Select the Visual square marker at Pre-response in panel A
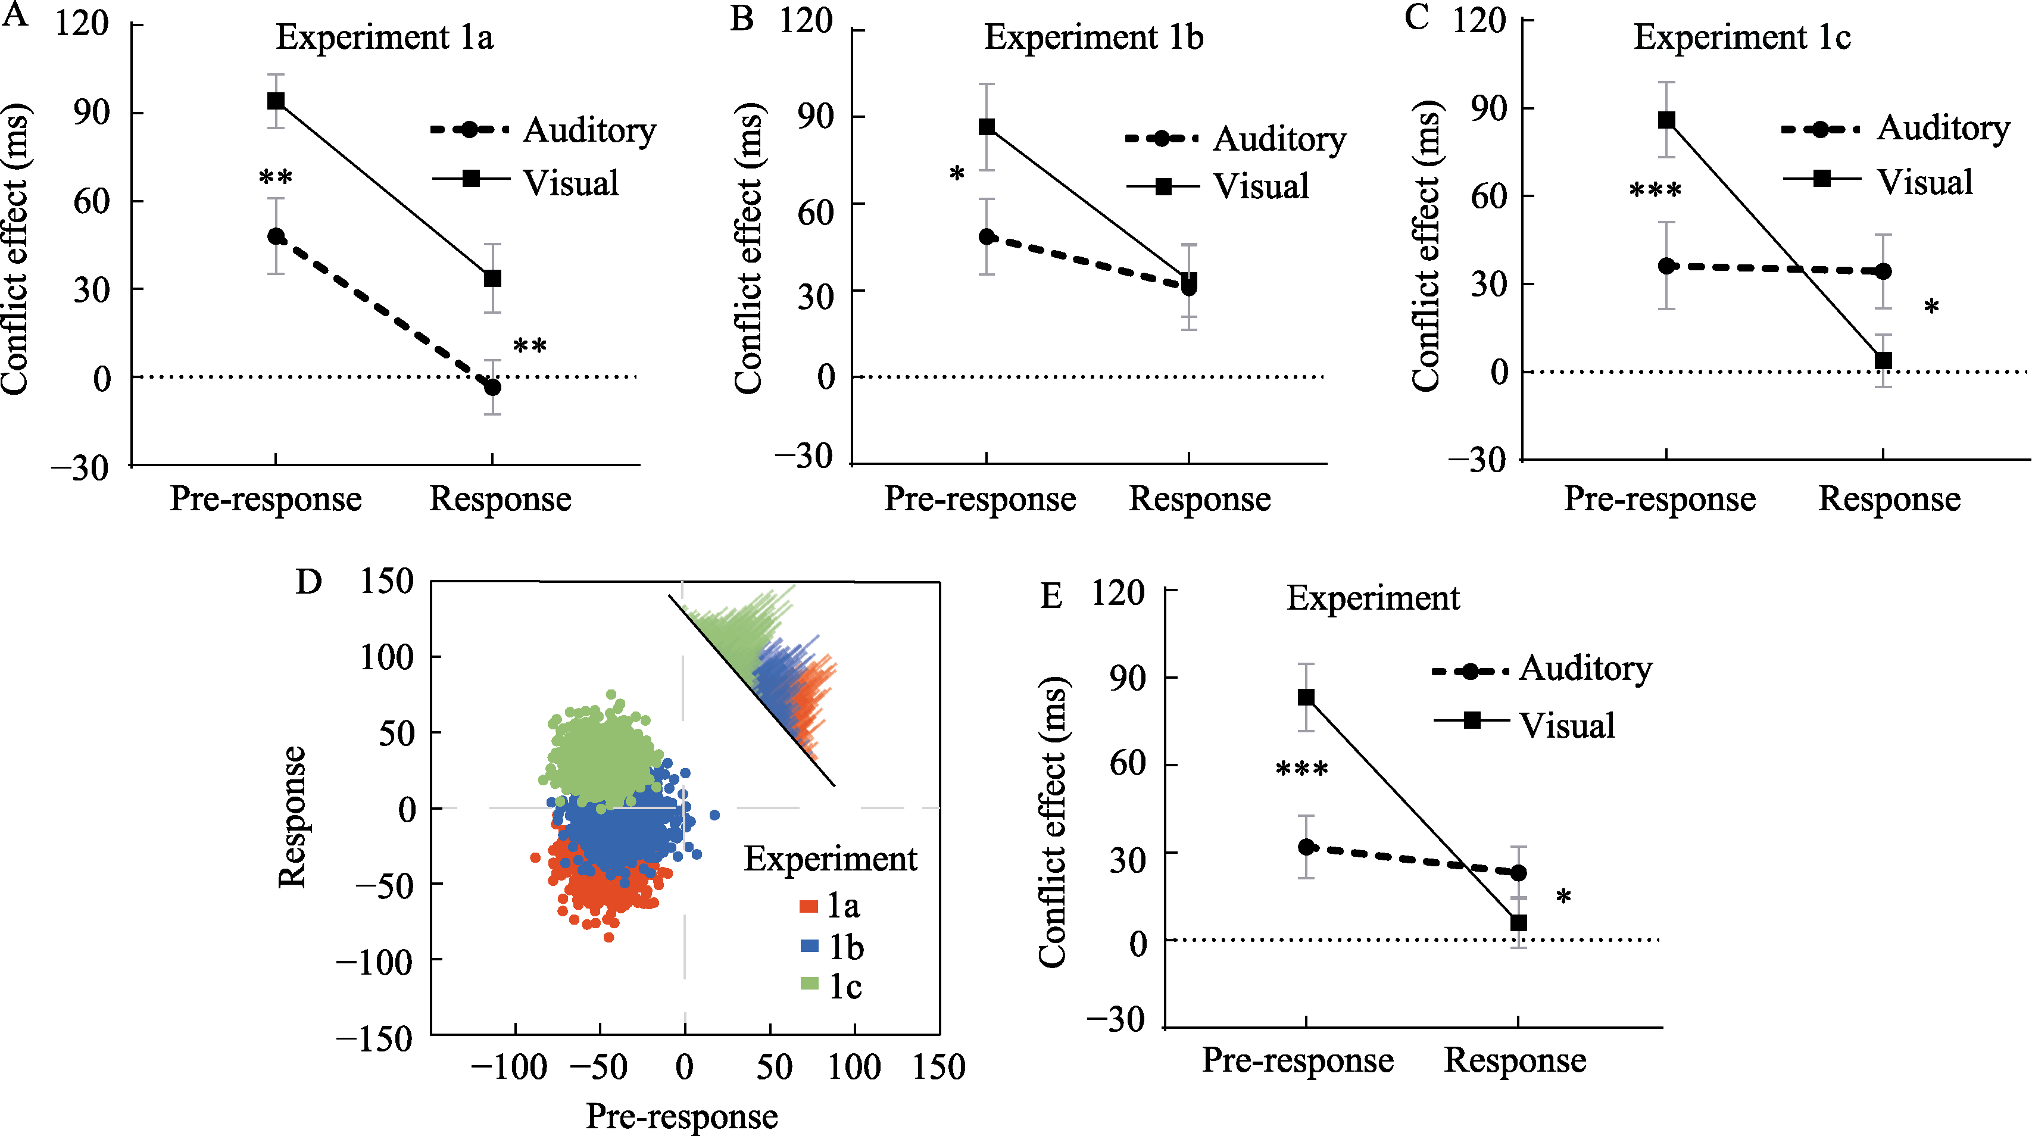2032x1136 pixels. point(276,101)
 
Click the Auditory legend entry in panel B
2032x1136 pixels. point(1235,139)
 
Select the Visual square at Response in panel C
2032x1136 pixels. point(1884,361)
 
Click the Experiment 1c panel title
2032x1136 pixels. point(1741,37)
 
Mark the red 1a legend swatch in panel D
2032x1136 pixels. point(809,906)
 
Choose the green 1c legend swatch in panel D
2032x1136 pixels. point(809,984)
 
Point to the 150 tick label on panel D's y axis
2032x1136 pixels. point(386,582)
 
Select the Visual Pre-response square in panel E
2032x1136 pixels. point(1306,697)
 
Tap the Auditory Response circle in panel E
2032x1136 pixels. point(1518,872)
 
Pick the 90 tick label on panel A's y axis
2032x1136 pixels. point(92,112)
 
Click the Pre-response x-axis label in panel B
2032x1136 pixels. point(980,498)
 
